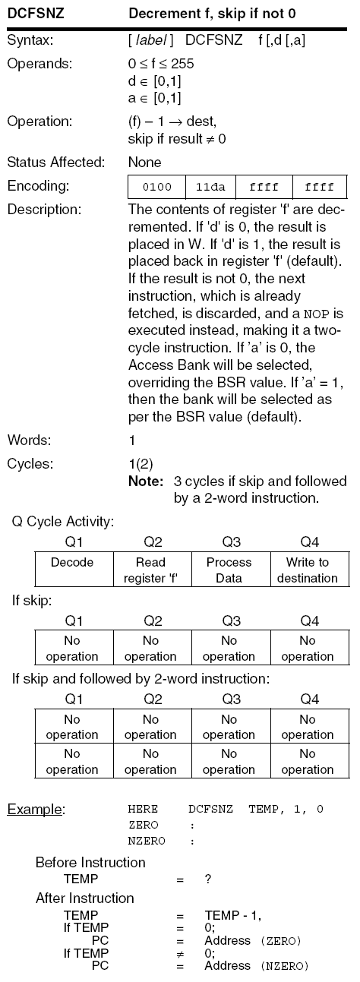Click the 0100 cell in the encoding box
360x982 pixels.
[156, 187]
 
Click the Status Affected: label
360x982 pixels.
[58, 163]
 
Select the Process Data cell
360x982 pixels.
[229, 570]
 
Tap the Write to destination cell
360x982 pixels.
[307, 570]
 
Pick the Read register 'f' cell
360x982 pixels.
[150, 570]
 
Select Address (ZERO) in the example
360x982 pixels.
[253, 941]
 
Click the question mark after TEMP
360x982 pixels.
[207, 879]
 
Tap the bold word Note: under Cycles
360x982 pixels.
[145, 482]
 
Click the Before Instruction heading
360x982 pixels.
[90, 863]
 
